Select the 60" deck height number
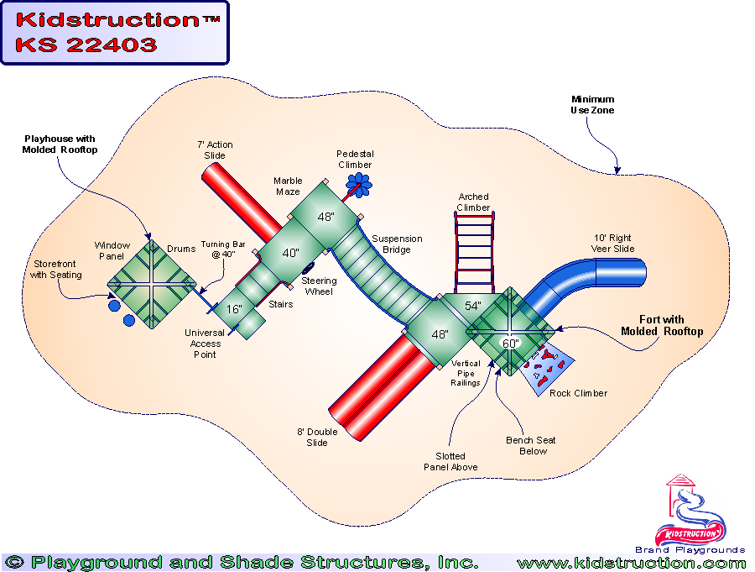pos(511,343)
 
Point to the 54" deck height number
pos(473,307)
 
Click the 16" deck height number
pos(234,309)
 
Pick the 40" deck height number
pos(290,253)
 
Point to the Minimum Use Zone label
pos(592,104)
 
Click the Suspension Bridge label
pos(397,244)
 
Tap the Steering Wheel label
pos(319,286)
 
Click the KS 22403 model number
pos(86,45)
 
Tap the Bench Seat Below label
pos(530,446)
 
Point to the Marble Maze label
pos(288,186)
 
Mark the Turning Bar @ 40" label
pos(223,249)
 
